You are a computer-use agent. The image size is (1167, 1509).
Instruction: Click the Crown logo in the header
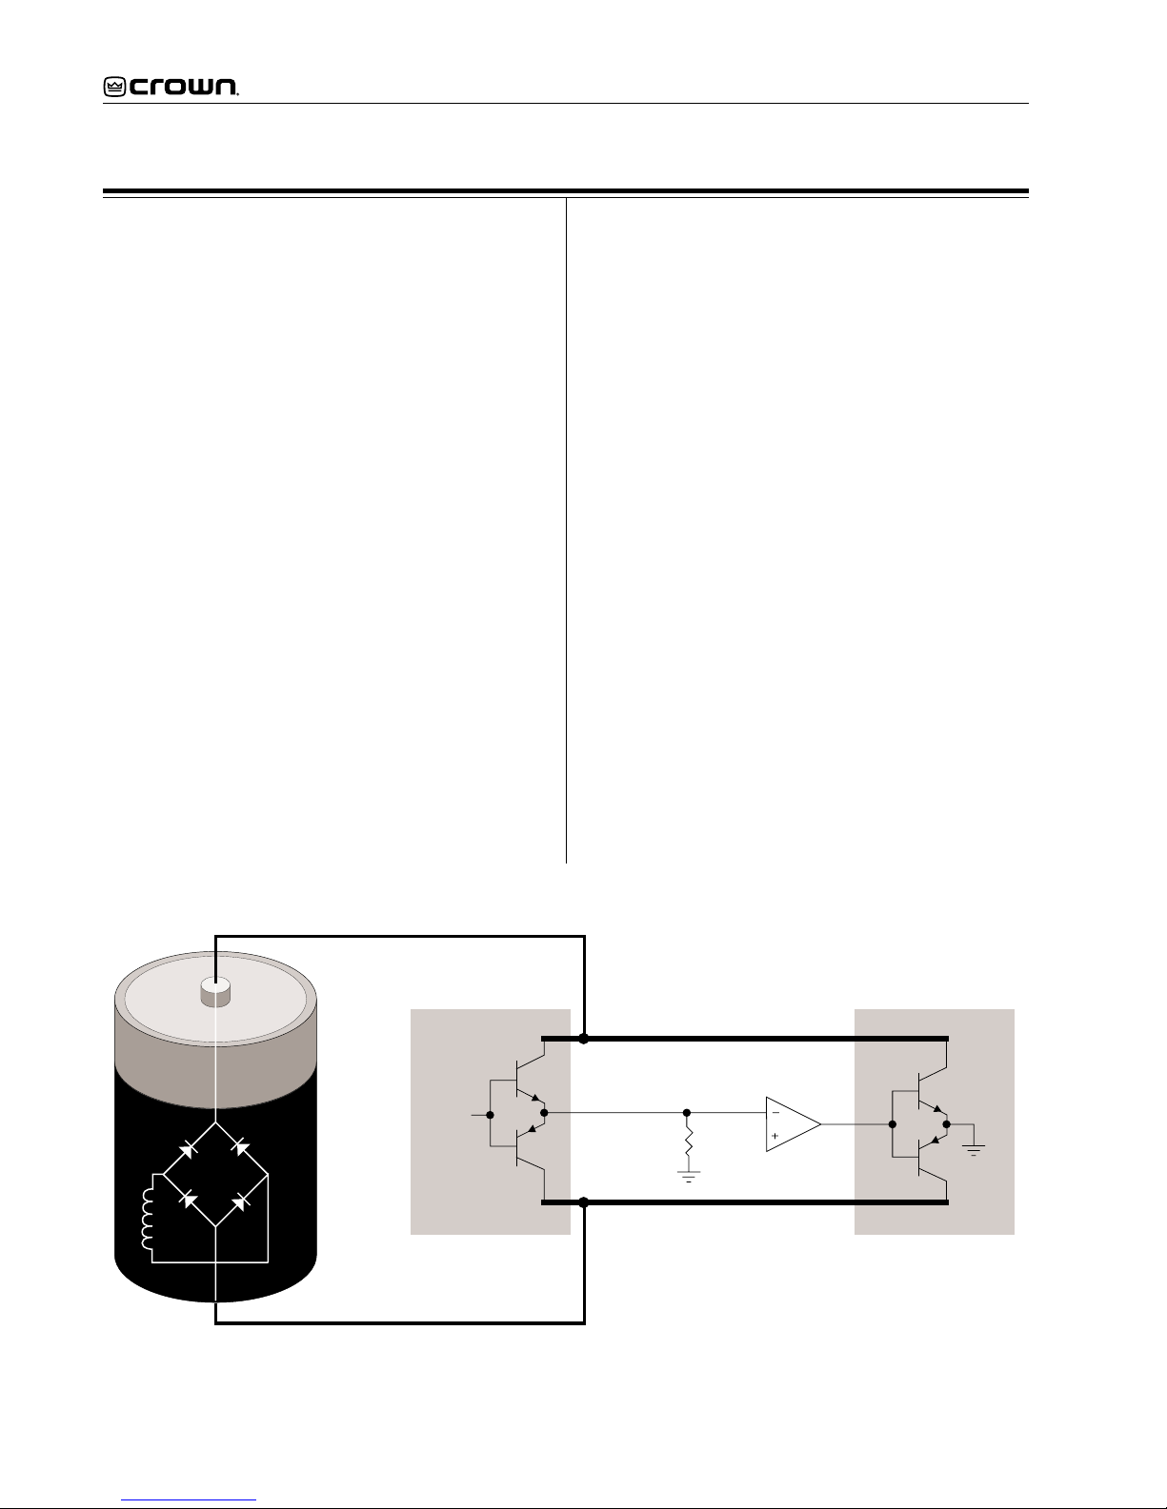pos(171,86)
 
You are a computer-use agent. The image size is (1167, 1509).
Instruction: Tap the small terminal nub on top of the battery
pos(215,991)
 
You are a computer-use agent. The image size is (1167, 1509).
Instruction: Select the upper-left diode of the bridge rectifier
pos(189,1149)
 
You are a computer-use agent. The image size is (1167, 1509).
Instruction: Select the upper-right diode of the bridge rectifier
pos(240,1148)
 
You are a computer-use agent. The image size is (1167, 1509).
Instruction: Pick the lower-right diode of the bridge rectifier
pos(240,1201)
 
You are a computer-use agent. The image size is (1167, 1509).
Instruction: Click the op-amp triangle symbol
pos(793,1124)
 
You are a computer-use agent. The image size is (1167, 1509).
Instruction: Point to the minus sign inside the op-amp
pos(775,1113)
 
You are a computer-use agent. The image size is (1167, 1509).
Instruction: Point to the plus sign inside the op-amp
pos(775,1136)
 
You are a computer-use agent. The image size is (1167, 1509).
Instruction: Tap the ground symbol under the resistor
pos(689,1177)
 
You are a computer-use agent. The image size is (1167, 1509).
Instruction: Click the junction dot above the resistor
pos(687,1113)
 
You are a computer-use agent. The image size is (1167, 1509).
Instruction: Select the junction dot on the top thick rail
pos(583,1039)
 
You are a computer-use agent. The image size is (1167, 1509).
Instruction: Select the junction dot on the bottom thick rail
pos(583,1202)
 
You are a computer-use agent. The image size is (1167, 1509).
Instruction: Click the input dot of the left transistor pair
pos(490,1115)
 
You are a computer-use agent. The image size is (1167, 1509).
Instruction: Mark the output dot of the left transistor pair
pos(544,1113)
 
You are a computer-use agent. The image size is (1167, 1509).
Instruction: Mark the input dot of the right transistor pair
pos(893,1124)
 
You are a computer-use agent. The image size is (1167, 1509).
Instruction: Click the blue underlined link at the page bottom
pos(189,1499)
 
